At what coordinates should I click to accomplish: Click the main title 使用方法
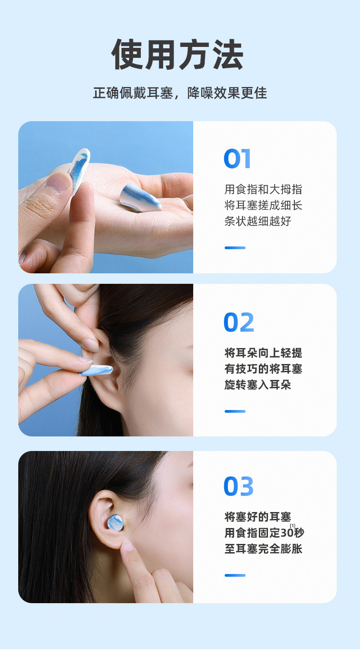click(178, 54)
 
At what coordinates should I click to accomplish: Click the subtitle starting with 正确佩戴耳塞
click(180, 93)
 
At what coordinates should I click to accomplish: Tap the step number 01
click(237, 159)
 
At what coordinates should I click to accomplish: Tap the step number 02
click(239, 323)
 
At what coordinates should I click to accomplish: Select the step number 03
click(239, 486)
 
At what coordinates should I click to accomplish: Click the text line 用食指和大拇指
click(263, 190)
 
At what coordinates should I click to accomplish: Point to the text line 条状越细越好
click(257, 221)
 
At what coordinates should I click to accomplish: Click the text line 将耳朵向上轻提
click(263, 353)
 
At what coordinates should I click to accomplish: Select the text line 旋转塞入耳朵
click(257, 385)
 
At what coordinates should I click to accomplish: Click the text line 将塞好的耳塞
click(257, 517)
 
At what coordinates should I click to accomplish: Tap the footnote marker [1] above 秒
click(293, 525)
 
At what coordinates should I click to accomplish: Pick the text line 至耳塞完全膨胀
click(263, 548)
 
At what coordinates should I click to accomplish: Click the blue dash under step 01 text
click(235, 248)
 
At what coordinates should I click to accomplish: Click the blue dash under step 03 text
click(235, 575)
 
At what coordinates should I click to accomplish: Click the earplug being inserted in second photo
click(97, 371)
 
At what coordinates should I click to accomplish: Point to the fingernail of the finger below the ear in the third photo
click(128, 546)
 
